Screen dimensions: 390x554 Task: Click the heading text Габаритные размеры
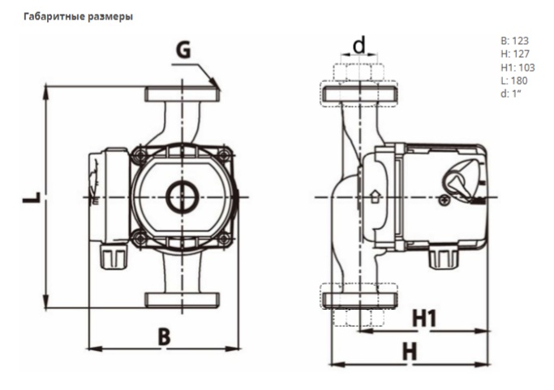pos(79,16)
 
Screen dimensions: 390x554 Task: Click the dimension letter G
pos(184,50)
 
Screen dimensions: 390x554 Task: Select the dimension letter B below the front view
pos(164,336)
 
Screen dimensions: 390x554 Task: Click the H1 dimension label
pos(424,318)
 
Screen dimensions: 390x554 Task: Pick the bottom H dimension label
pos(410,352)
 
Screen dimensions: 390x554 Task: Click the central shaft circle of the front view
pos(182,197)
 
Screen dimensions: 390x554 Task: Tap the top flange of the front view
pos(182,93)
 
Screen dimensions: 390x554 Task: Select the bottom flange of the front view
pos(182,298)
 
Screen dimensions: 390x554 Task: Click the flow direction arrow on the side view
pos(375,196)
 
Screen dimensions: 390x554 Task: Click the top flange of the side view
pos(359,93)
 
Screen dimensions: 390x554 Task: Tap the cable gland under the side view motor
pos(441,258)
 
